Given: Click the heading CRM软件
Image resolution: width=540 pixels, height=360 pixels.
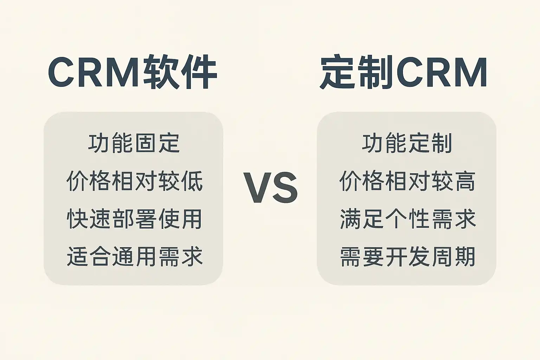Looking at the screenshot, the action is coord(133,72).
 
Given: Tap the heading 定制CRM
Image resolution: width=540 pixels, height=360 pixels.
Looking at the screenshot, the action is coord(403,72).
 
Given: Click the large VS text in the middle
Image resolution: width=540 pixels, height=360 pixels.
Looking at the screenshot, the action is coord(270,188).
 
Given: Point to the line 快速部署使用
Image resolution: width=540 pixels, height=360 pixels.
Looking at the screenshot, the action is coord(134,219).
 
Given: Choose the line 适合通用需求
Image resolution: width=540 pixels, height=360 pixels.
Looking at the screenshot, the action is coord(134,256).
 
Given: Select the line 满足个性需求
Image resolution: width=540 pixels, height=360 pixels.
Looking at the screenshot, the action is coord(408,219).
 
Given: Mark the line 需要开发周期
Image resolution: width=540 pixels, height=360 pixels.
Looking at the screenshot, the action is coord(408,256).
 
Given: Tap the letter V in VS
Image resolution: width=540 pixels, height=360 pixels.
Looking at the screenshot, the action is coord(257,188).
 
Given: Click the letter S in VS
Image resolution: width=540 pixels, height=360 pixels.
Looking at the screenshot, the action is coord(285,188).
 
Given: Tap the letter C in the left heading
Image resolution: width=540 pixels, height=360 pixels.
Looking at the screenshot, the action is coord(61,72).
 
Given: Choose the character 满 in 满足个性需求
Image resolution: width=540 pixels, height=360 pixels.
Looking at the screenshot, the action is coord(350,219).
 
